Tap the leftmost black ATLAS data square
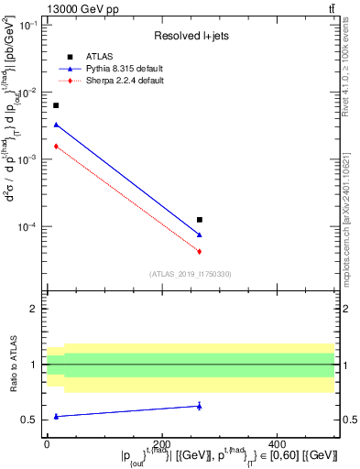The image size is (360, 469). coord(56,105)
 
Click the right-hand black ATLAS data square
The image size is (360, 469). coord(200,220)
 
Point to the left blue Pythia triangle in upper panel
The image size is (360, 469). coord(56,125)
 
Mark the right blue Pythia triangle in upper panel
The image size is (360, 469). coord(200,235)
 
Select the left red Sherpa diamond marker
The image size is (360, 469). coord(56,146)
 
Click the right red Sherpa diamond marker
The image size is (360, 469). coord(200,251)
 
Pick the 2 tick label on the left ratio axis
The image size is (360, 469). coord(35,310)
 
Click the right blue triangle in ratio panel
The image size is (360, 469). coord(200,406)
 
